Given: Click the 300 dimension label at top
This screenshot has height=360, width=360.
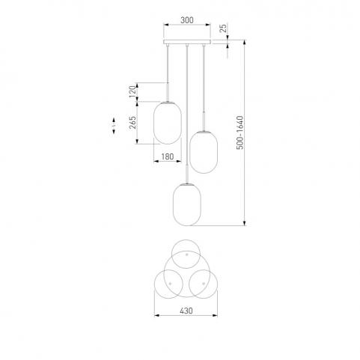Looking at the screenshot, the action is pos(187,20).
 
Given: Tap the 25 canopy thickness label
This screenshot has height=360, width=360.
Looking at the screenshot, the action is pos(224,28).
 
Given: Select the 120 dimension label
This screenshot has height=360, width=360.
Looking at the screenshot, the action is pos(133,91).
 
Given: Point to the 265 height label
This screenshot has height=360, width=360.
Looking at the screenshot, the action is pos(132,122).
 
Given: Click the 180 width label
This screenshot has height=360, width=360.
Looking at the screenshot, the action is pos(168,156).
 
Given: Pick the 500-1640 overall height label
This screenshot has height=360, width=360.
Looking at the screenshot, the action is pos(240,132).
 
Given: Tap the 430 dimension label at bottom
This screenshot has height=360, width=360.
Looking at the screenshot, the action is pos(186,311).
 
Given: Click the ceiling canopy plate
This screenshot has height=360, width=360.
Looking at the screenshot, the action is pos(187,42).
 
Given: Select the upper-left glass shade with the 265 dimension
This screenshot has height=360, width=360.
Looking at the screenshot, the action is pos(168,123).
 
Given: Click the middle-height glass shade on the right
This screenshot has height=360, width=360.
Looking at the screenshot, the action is pos(204,152).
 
